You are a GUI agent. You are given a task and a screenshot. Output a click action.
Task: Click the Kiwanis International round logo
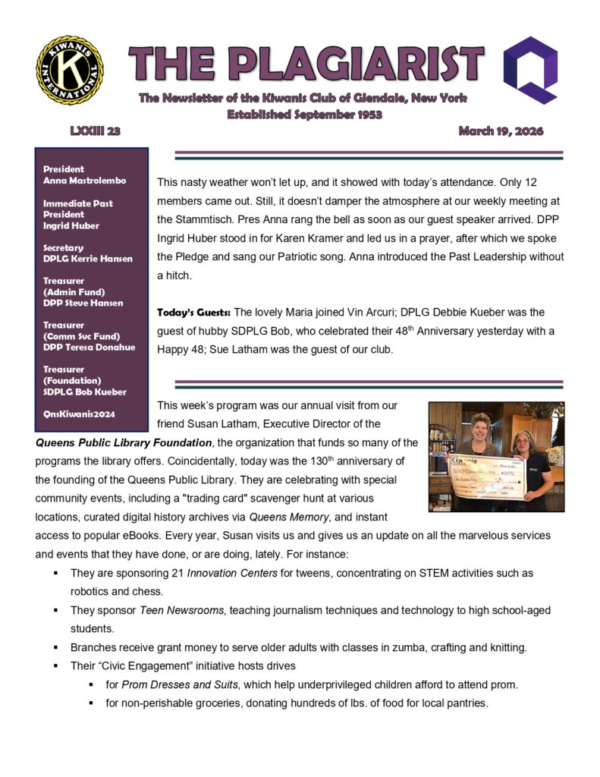[x=70, y=71]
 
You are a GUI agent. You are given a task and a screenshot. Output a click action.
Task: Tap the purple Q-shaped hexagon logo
[x=531, y=69]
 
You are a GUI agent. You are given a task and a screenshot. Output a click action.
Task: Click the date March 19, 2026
[x=501, y=131]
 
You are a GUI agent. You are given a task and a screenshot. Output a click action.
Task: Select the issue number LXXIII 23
[x=95, y=131]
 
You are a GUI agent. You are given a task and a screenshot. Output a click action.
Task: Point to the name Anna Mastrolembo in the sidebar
[x=84, y=181]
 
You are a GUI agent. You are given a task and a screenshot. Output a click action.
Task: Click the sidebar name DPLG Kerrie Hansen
[x=88, y=259]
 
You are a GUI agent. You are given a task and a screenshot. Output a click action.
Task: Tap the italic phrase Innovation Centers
[x=240, y=571]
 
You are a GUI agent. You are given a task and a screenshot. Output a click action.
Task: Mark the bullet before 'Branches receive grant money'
[x=57, y=647]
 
